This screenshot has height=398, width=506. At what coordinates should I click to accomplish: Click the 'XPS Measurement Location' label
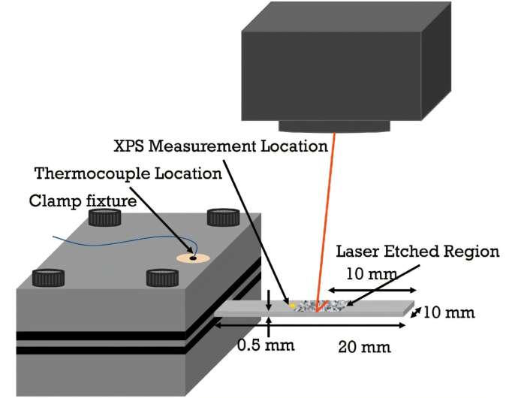221,146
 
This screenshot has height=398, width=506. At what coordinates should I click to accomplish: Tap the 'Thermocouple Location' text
128,173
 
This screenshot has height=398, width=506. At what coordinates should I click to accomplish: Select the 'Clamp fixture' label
83,201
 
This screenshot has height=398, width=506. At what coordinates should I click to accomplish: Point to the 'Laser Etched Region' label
417,252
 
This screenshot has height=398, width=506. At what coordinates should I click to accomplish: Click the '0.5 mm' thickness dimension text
266,345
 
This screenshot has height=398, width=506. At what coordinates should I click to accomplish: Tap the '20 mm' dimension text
364,348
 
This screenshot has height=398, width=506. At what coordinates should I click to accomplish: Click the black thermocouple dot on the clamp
193,258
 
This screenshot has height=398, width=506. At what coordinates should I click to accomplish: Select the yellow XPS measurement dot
292,306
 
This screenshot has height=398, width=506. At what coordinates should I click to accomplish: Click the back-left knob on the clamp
104,217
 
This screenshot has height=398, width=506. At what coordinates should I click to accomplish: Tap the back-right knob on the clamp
223,217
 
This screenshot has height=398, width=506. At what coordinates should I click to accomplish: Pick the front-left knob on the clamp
48,278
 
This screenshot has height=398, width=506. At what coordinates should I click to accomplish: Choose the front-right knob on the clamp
162,278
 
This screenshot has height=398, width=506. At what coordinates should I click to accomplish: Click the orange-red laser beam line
326,222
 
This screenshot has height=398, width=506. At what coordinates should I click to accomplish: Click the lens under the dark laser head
334,126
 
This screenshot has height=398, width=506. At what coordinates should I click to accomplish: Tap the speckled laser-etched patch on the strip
320,306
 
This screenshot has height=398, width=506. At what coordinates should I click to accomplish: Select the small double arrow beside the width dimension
416,312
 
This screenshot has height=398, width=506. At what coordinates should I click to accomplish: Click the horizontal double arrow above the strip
372,290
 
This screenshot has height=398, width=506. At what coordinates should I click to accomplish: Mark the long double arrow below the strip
310,325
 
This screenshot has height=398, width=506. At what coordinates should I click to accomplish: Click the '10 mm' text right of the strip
449,312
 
